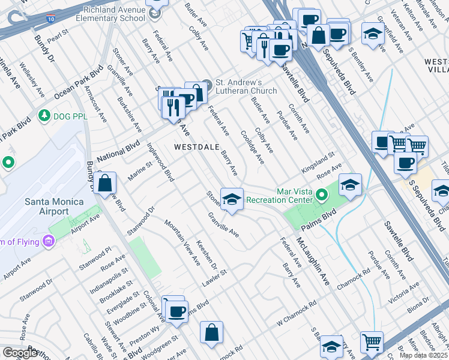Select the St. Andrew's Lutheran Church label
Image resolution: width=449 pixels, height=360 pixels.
point(246,86)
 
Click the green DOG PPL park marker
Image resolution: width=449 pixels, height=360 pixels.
point(43,115)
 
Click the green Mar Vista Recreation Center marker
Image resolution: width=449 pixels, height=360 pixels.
point(322,194)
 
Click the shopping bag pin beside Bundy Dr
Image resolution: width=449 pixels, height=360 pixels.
point(104,182)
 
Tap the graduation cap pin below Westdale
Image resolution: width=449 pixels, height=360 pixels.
point(232,199)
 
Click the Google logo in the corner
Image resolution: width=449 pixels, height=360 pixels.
point(20,353)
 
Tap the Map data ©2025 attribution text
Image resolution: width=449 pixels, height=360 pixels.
point(424,355)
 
